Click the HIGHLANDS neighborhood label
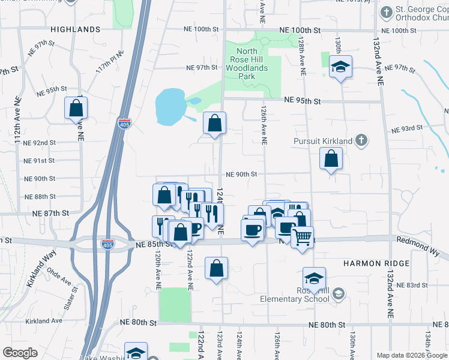[x=75, y=29]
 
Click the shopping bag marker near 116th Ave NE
[x=76, y=109]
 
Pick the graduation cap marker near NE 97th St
[x=340, y=67]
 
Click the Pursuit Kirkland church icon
[x=361, y=140]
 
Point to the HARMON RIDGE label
[x=376, y=263]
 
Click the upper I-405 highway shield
[x=124, y=124]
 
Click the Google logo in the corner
[x=20, y=353]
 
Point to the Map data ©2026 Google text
[x=411, y=355]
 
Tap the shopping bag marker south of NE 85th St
[x=216, y=268]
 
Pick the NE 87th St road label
[x=50, y=214]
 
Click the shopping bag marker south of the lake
[x=214, y=124]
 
